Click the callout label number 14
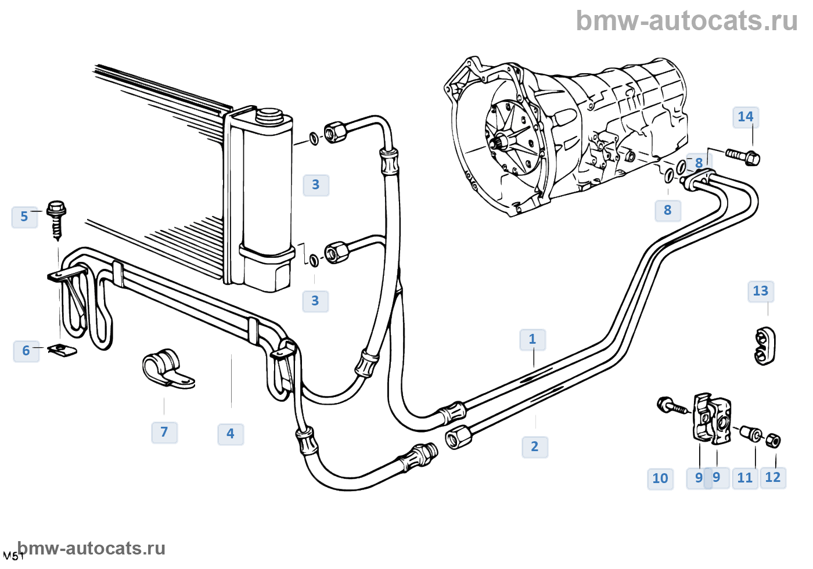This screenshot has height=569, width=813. (746, 117)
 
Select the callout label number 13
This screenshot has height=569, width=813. (760, 291)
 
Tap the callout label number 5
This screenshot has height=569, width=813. (24, 217)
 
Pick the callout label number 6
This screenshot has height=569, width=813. (26, 351)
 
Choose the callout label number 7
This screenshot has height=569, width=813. (164, 433)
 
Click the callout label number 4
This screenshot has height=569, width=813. (231, 434)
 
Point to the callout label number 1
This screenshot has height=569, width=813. (533, 340)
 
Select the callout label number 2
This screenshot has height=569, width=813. (535, 447)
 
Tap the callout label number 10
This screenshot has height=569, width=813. (660, 479)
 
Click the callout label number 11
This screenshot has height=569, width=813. (744, 478)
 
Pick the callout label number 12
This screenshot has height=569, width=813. (773, 478)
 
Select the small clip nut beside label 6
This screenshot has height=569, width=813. (62, 350)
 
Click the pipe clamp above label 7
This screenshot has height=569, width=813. (167, 368)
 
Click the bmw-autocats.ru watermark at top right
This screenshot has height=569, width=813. (686, 21)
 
